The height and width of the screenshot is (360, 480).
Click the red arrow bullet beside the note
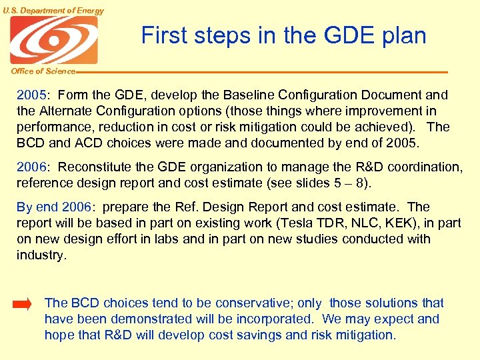(22, 305)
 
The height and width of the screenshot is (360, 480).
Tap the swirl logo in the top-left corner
(53, 40)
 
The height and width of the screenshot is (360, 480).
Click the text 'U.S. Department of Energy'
(53, 11)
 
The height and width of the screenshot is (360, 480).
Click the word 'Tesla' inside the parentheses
(295, 223)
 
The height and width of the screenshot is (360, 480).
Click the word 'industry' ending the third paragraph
(40, 255)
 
